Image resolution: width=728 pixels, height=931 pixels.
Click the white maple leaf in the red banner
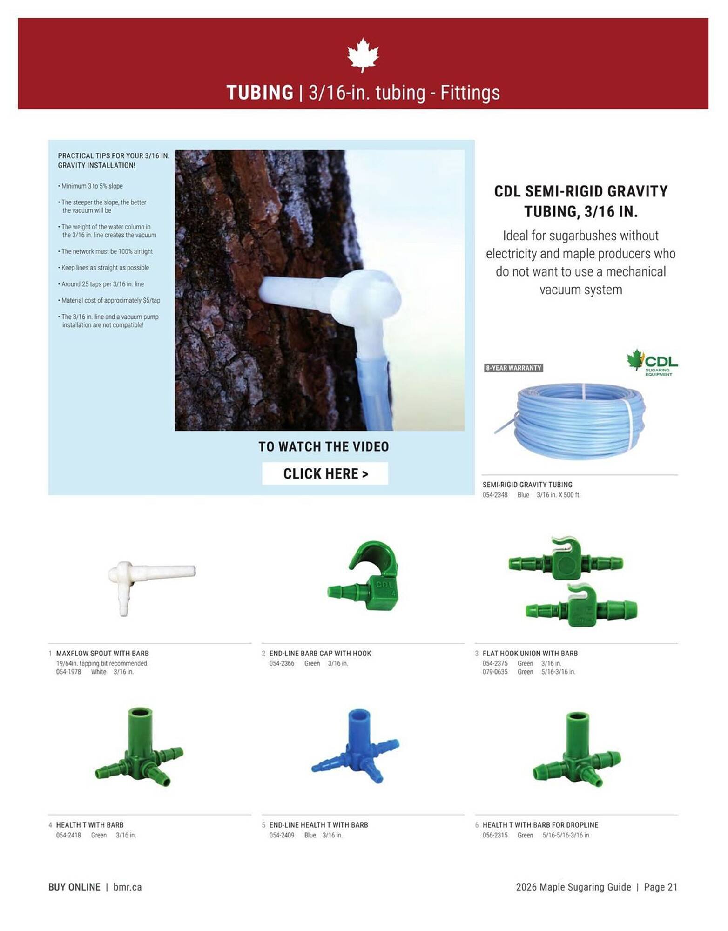[363, 55]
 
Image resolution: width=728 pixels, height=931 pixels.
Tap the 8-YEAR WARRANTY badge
[513, 368]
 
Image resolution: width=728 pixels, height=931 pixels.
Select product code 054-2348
[495, 495]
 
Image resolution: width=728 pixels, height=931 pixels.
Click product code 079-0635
[495, 672]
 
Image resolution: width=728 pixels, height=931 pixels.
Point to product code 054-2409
[282, 835]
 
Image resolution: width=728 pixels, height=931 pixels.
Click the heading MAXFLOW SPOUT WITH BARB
[102, 654]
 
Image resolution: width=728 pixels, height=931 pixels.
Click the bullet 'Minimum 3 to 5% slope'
[92, 186]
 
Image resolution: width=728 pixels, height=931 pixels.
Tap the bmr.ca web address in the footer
[128, 887]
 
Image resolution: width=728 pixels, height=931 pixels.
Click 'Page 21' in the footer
[661, 887]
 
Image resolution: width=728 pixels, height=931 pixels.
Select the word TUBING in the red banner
[260, 93]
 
